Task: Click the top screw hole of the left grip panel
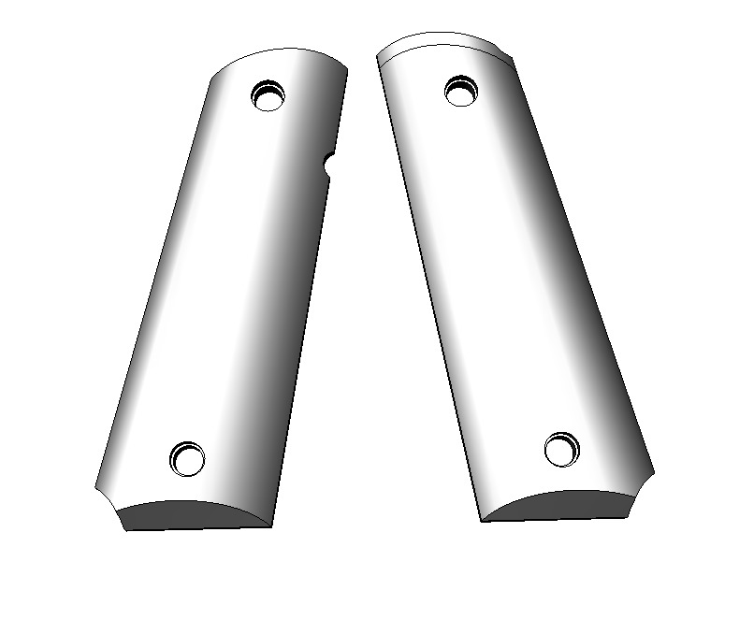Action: (268, 94)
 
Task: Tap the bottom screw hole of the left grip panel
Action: (187, 458)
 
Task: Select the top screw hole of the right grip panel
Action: (460, 90)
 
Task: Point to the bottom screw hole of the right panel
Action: (562, 449)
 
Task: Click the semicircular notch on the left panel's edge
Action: (329, 165)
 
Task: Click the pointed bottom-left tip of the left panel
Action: (95, 486)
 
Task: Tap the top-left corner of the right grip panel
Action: (378, 58)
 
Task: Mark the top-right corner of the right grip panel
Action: (513, 58)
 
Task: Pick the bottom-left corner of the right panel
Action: (482, 521)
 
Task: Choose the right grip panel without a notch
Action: (505, 281)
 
